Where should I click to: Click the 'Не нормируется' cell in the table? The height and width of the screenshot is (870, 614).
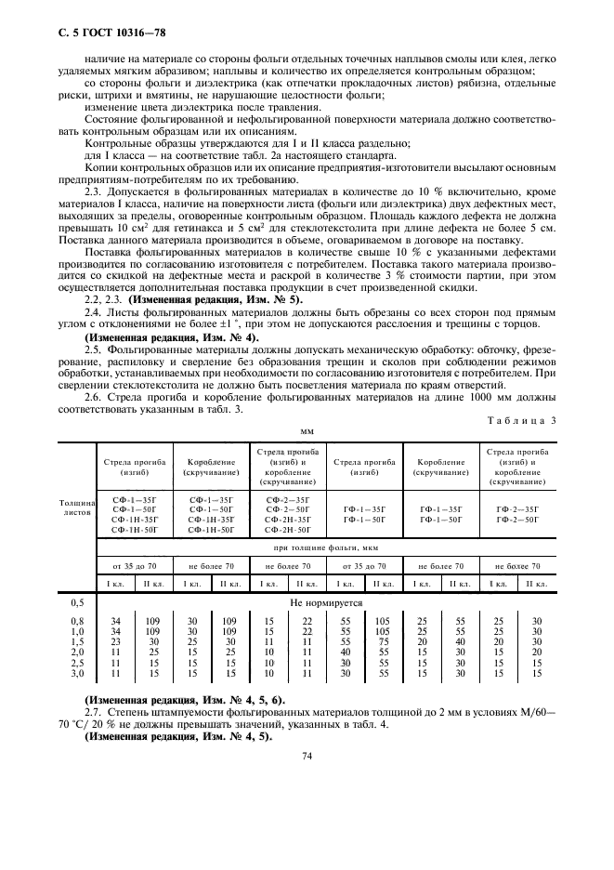point(325,602)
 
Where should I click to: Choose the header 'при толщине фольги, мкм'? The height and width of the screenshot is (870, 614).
point(325,547)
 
